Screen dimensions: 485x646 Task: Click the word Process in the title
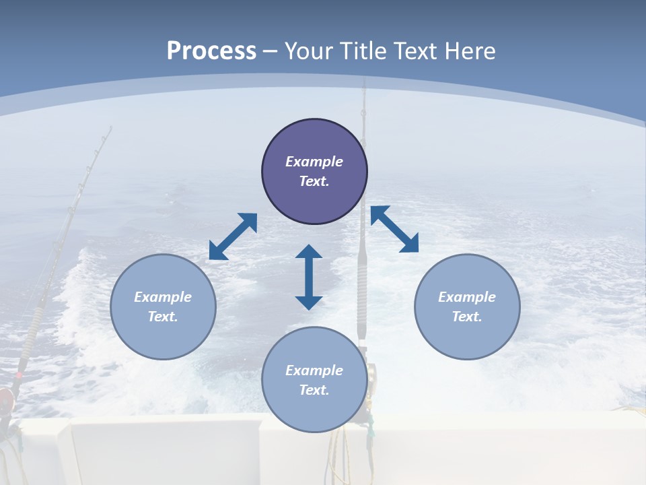pos(211,51)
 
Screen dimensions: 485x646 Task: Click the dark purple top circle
pos(314,172)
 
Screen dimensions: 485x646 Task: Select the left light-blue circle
pos(163,306)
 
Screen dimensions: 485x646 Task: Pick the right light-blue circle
pos(467,306)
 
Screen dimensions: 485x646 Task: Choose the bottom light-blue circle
pos(314,379)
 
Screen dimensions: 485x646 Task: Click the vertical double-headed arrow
pos(309,277)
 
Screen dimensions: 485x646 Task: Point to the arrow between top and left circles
pos(233,236)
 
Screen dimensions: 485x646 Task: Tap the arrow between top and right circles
pos(395,229)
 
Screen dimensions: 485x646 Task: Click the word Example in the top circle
pos(314,162)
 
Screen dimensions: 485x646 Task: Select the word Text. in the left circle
pos(163,317)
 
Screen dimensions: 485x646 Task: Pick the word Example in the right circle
pos(467,297)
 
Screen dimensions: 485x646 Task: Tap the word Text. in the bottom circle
pos(314,390)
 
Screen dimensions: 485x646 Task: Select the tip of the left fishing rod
pos(108,128)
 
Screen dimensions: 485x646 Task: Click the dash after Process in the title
pos(270,51)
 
